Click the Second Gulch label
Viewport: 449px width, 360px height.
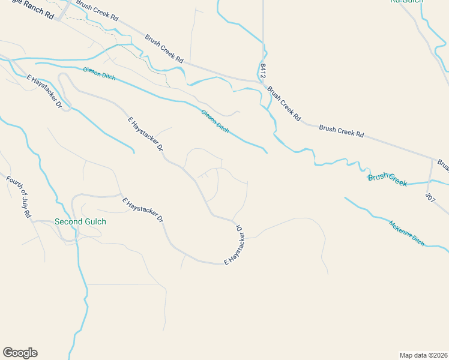click(80, 221)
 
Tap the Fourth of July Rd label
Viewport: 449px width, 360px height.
click(19, 197)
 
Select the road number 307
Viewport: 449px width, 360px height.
click(429, 197)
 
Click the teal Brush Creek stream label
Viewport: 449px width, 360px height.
click(387, 179)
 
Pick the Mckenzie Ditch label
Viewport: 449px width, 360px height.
click(406, 233)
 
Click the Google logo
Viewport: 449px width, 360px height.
click(20, 353)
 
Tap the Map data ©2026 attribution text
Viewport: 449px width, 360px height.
click(423, 355)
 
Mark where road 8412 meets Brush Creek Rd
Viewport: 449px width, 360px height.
click(263, 80)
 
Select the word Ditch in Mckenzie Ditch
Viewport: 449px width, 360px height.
click(418, 242)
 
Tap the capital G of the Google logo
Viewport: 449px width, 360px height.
click(8, 353)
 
